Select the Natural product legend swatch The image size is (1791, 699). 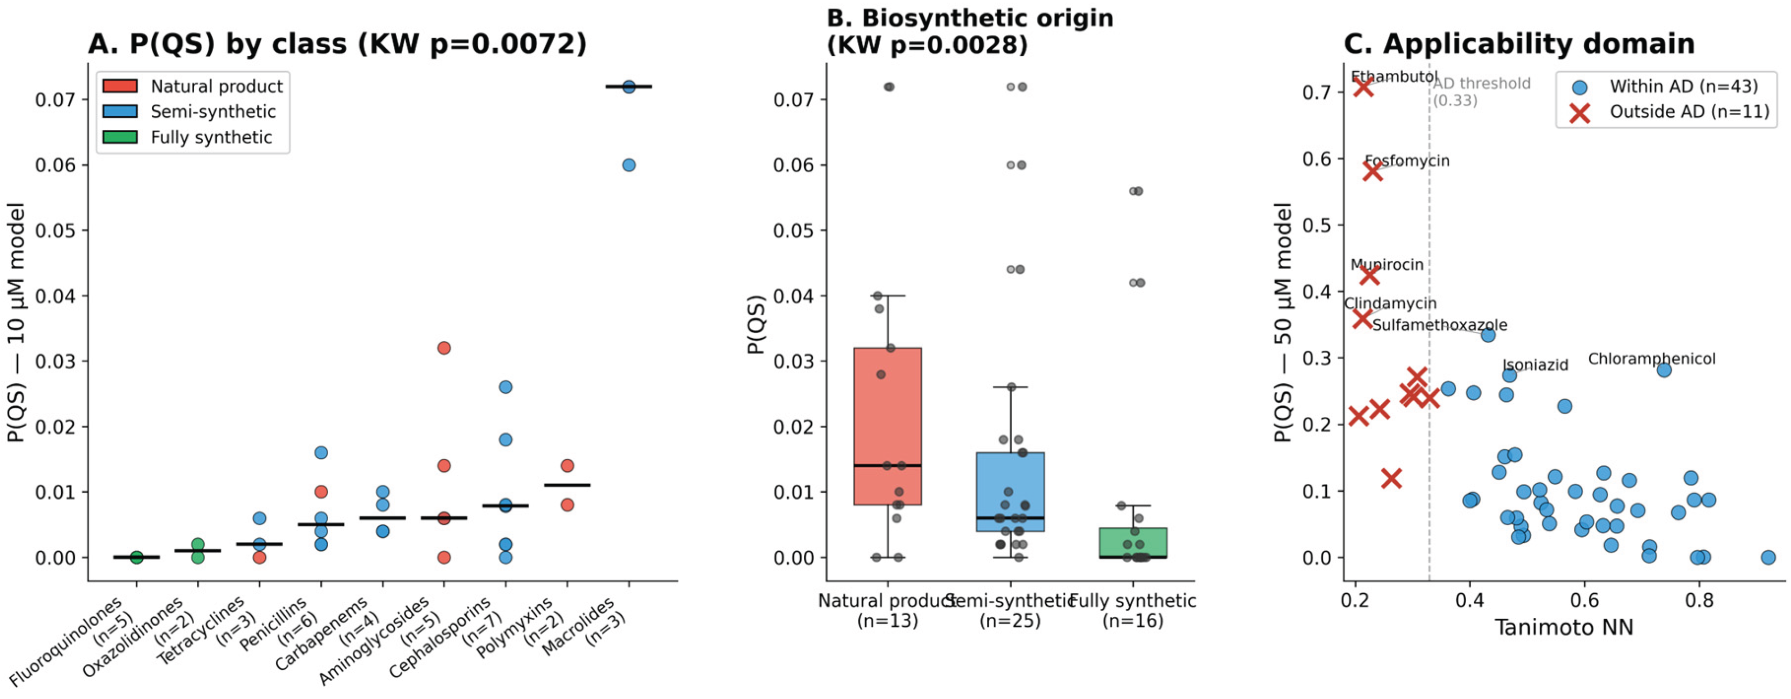pos(119,86)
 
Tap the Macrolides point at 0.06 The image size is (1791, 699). pos(629,165)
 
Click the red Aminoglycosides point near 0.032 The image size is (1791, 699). pos(444,348)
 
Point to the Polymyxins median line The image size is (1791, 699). pos(567,485)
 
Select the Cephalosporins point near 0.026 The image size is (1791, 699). pos(506,387)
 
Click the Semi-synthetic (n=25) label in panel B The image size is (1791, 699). pos(1010,610)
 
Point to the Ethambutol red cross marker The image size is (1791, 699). pos(1363,87)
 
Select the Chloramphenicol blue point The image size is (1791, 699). pos(1664,370)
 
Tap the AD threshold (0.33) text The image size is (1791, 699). pos(1481,91)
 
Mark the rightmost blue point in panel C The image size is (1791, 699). pos(1768,557)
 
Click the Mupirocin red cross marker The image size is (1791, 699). pos(1369,275)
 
